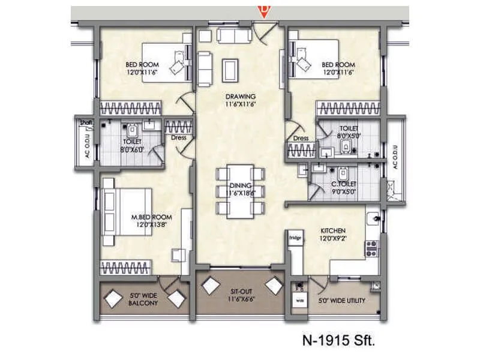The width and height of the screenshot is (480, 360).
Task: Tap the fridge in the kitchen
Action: (x=295, y=238)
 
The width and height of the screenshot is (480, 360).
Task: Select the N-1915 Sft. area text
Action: (x=340, y=343)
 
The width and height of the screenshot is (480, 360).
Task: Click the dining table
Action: (x=240, y=191)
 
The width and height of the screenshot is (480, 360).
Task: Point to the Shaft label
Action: (x=84, y=122)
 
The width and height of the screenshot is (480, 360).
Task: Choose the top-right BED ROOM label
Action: (x=337, y=68)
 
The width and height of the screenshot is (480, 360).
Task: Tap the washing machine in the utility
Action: (x=299, y=298)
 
